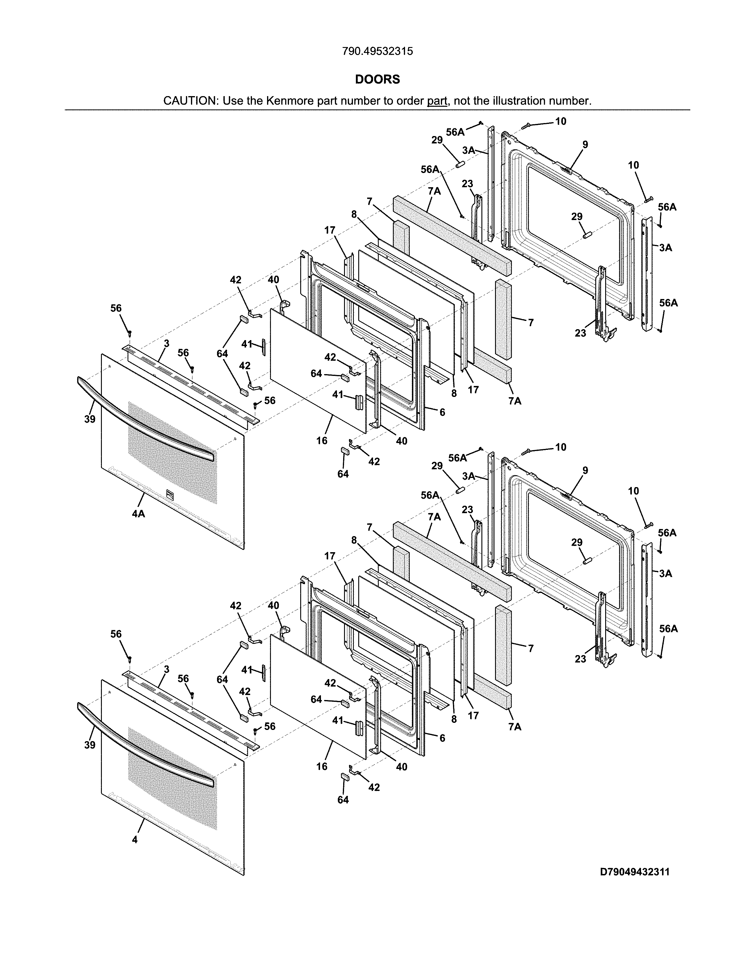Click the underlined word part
click(x=437, y=101)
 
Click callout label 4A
click(x=138, y=514)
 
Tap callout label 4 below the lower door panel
click(x=135, y=840)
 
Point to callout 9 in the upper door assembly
click(x=585, y=144)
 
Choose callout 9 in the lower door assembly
click(x=585, y=470)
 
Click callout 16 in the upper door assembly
click(x=322, y=441)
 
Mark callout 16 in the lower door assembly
click(x=322, y=766)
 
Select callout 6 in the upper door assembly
click(x=442, y=412)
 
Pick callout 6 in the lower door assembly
click(x=442, y=738)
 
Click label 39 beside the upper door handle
click(x=90, y=419)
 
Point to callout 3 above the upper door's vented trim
click(x=166, y=343)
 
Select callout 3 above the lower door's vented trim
click(x=166, y=669)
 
